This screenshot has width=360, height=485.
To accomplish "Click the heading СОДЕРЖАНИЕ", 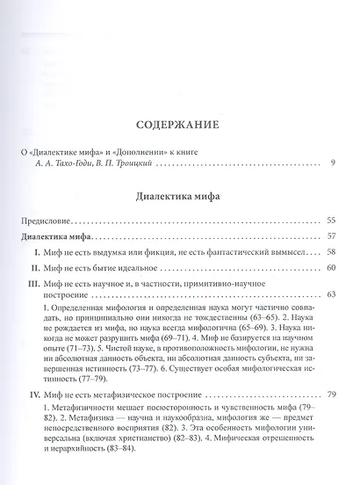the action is point(179,126).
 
